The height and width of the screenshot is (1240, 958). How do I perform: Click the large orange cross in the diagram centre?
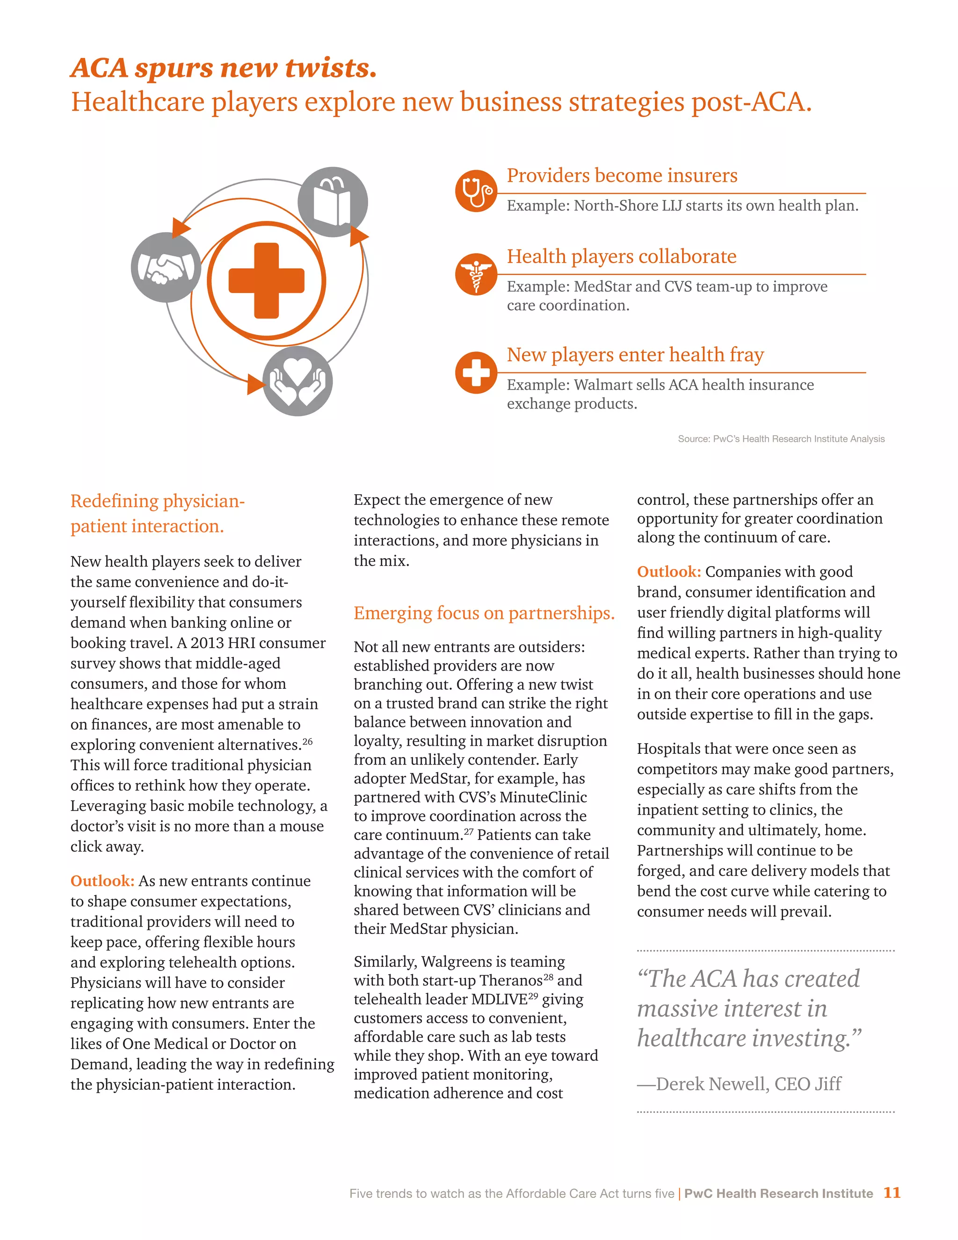tap(266, 280)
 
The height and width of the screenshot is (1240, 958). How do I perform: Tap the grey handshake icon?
tap(166, 267)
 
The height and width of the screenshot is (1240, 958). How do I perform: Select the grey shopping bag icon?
tap(333, 202)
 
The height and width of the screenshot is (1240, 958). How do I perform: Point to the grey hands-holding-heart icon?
tap(298, 381)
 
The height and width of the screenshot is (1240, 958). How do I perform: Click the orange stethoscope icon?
tap(476, 191)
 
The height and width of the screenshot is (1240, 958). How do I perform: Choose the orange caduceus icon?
tap(476, 274)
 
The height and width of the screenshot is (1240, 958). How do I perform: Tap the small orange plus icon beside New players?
tap(476, 372)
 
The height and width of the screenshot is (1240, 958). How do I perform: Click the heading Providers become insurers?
tap(622, 175)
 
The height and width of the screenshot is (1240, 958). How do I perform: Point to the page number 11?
tap(892, 1193)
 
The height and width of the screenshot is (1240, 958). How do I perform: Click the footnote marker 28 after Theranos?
tap(548, 977)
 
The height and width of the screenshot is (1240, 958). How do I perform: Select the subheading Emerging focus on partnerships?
tap(484, 613)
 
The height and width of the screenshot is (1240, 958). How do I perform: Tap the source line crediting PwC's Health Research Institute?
tap(781, 439)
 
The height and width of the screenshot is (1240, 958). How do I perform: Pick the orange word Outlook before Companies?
tap(668, 572)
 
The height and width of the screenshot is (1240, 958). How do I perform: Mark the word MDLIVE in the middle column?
tap(499, 999)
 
